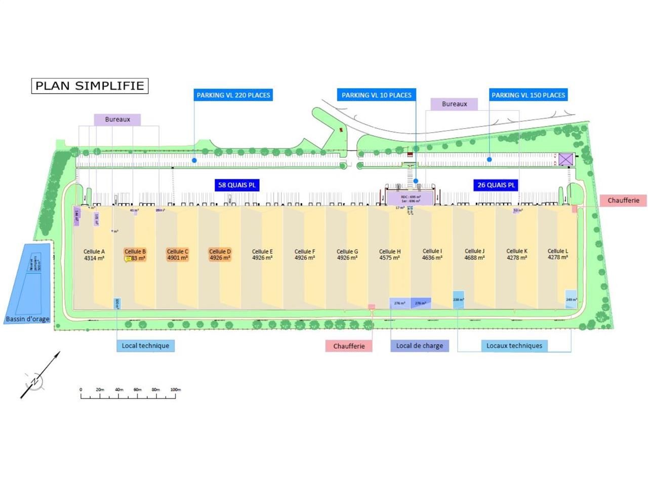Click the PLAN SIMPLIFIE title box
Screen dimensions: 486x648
pyautogui.click(x=90, y=86)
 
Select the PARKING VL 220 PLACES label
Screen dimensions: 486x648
pyautogui.click(x=233, y=95)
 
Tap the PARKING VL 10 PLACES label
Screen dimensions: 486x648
pyautogui.click(x=376, y=95)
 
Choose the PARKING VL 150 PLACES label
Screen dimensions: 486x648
pyautogui.click(x=528, y=95)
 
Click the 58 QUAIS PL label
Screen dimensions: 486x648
pyautogui.click(x=237, y=185)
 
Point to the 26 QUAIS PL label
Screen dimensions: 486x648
pyautogui.click(x=496, y=185)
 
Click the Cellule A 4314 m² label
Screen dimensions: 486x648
pyautogui.click(x=94, y=255)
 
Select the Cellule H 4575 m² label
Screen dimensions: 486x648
pyautogui.click(x=390, y=255)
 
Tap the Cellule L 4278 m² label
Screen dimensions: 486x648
pyautogui.click(x=557, y=254)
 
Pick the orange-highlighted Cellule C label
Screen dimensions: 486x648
pyautogui.click(x=178, y=255)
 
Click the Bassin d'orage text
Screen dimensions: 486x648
pyautogui.click(x=27, y=319)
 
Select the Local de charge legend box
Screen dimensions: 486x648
pyautogui.click(x=419, y=346)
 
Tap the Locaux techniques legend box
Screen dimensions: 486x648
pyautogui.click(x=514, y=346)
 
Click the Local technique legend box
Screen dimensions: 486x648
pyautogui.click(x=145, y=346)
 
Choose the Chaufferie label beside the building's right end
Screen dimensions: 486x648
pyautogui.click(x=623, y=200)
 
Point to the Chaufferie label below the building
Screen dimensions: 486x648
pyautogui.click(x=349, y=346)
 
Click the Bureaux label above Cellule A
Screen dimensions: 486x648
pyautogui.click(x=117, y=119)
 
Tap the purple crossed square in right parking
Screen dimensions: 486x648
pyautogui.click(x=565, y=159)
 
